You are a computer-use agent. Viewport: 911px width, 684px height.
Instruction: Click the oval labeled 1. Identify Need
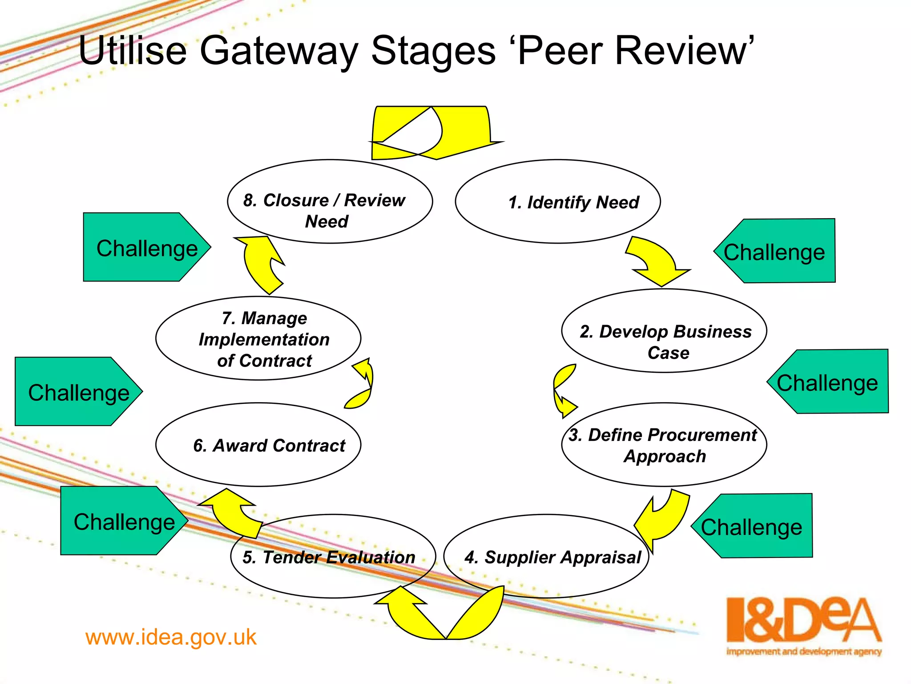click(558, 201)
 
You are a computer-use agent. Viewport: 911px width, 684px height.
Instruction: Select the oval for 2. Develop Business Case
click(664, 330)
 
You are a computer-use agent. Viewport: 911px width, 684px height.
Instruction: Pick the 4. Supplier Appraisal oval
click(546, 556)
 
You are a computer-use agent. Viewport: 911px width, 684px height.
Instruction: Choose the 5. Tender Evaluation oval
click(333, 556)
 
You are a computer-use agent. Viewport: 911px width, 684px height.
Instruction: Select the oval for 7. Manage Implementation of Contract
click(258, 338)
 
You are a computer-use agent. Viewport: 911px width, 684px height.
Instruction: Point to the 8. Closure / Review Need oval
click(330, 201)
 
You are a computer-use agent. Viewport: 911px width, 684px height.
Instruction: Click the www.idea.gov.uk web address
click(171, 637)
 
